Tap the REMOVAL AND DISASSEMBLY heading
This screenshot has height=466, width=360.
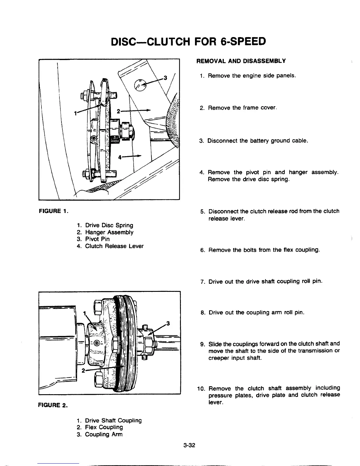tap(241, 61)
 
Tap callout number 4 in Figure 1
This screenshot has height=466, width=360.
tap(120, 157)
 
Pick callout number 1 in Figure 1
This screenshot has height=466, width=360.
tap(76, 113)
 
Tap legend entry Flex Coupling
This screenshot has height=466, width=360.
tap(104, 427)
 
